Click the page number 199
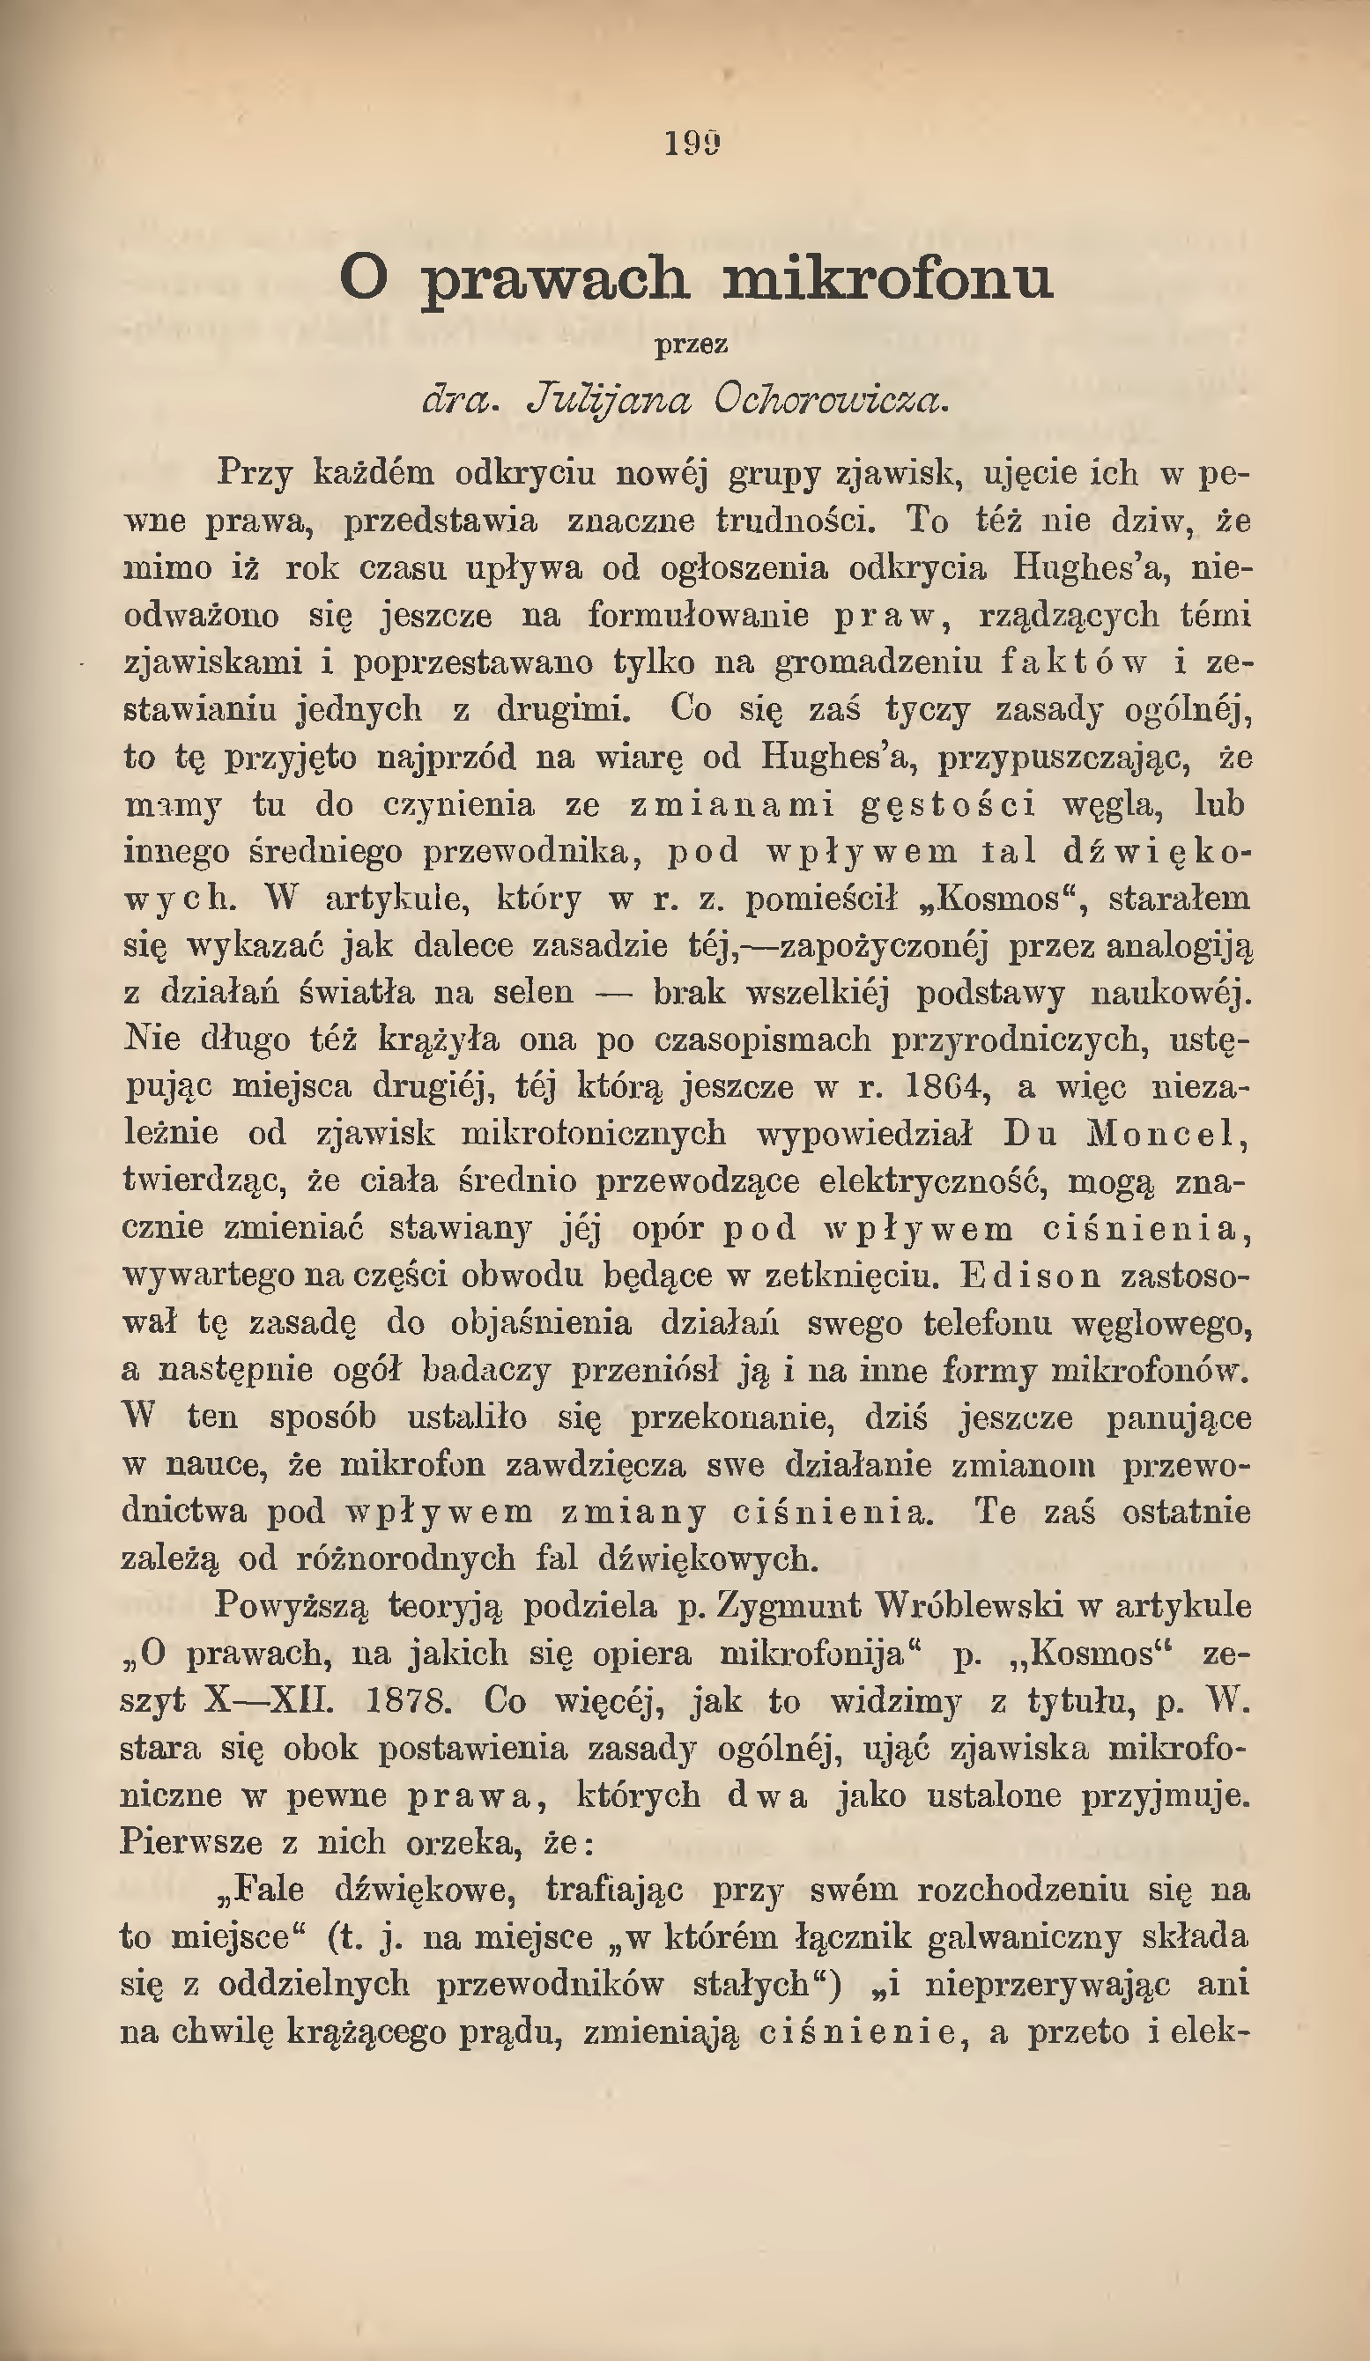(x=692, y=144)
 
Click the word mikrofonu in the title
(x=887, y=279)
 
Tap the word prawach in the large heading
(x=554, y=279)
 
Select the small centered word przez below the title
(x=692, y=345)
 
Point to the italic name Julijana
(x=608, y=401)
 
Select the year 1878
(x=408, y=1700)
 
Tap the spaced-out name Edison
(x=1030, y=1276)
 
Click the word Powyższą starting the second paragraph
(x=292, y=1606)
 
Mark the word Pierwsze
(x=191, y=1842)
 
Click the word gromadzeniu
(x=878, y=662)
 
